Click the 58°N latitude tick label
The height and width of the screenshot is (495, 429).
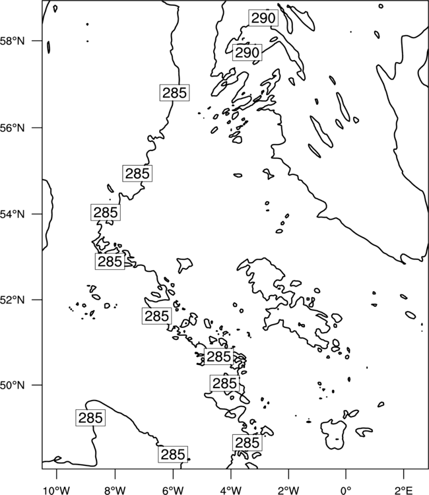click(x=13, y=41)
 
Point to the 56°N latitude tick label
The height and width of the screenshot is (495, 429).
click(x=13, y=128)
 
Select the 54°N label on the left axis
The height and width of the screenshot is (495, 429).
click(x=13, y=214)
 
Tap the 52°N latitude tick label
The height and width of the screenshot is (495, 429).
click(x=13, y=300)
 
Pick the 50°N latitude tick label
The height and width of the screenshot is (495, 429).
click(x=13, y=385)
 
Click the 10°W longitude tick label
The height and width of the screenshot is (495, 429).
click(x=57, y=490)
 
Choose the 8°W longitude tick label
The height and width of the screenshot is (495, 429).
click(x=115, y=490)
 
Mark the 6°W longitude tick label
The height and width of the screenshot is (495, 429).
click(x=173, y=490)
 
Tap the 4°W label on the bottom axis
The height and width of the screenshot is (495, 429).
click(x=230, y=490)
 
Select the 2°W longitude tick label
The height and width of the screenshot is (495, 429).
click(x=288, y=490)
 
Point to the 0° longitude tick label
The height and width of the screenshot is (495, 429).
click(x=346, y=490)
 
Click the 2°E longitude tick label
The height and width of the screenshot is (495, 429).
click(x=403, y=490)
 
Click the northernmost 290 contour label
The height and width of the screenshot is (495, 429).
click(x=263, y=18)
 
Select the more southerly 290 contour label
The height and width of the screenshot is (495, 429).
click(x=247, y=52)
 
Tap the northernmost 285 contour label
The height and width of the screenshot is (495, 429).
click(x=174, y=93)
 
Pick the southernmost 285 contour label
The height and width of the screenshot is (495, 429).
click(x=173, y=455)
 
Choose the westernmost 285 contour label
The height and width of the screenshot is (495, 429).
click(x=90, y=418)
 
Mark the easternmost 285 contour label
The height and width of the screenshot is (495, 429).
click(x=247, y=443)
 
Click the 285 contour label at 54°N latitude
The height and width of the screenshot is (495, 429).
click(x=106, y=212)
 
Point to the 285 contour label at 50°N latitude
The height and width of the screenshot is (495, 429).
click(x=224, y=383)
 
